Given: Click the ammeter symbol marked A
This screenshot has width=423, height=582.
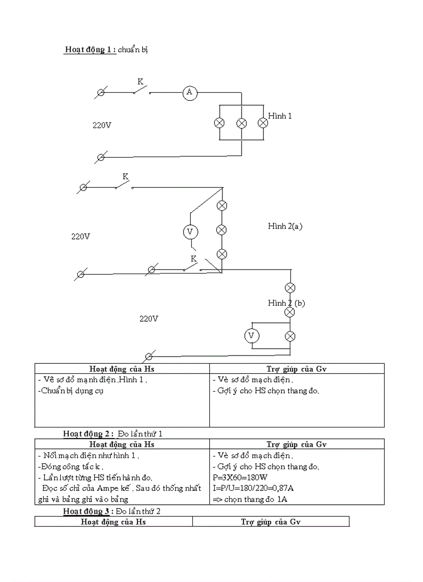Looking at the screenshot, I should pos(190,92).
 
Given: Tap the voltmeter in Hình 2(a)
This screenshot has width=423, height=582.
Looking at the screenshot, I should pos(190,232).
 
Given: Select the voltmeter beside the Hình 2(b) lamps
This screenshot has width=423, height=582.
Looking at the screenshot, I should pos(252,336).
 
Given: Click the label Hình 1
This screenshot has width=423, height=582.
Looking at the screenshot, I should pos(280,116).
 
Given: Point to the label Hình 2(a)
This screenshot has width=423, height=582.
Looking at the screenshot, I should pos(285,226).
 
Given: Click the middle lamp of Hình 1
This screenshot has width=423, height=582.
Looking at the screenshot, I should pos(241,123).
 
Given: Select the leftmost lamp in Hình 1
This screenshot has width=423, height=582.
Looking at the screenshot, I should pos(219,123).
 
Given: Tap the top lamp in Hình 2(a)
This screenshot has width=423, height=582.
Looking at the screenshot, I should pos(222,205).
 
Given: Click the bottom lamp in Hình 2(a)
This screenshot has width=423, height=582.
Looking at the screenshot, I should pos(222,253).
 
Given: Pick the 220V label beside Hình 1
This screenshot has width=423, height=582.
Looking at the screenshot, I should pos(102,125).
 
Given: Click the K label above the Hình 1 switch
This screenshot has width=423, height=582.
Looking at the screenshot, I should pos(140,81).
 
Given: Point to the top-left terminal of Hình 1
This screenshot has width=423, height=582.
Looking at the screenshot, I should pos(101,92).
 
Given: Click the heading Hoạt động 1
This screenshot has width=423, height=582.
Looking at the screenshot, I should pos(90,50).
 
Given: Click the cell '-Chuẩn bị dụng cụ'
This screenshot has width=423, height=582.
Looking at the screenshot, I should pos(71,391).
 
